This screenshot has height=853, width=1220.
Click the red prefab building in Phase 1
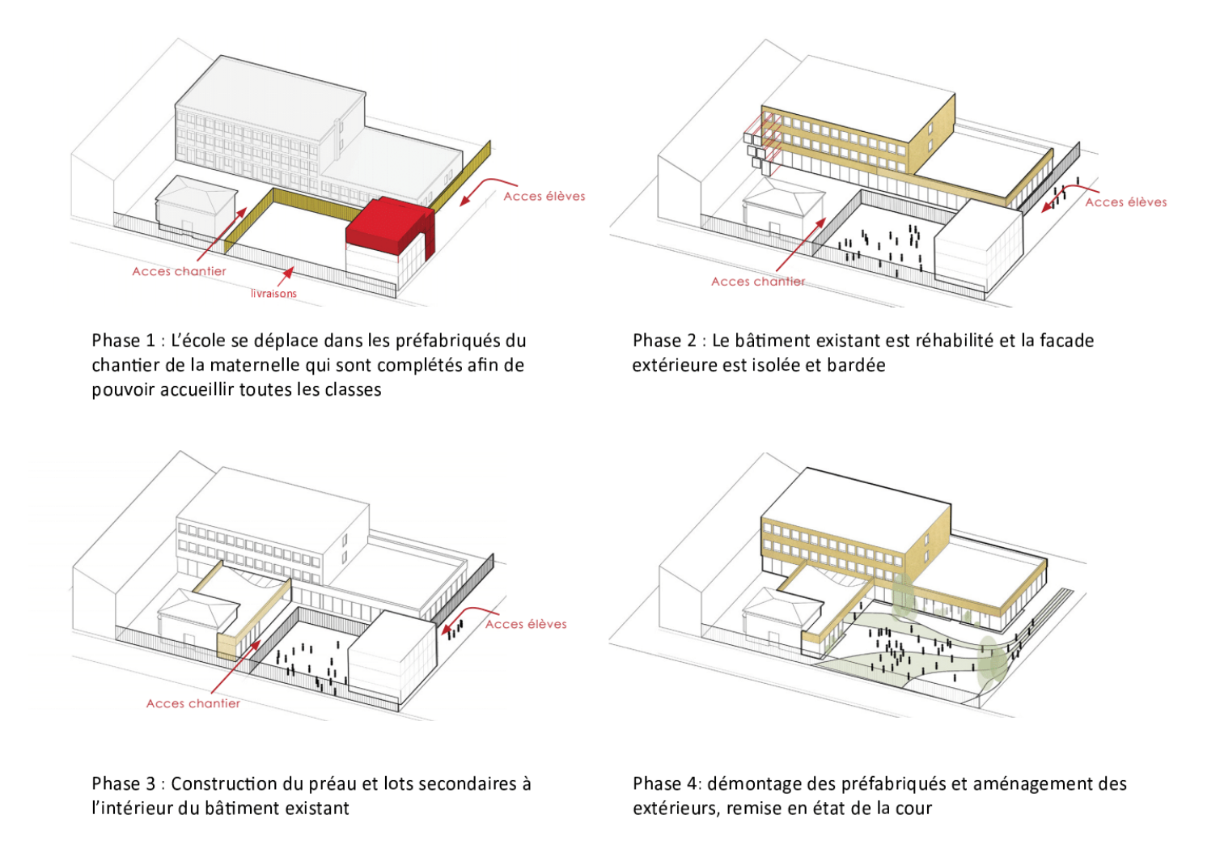point(387,223)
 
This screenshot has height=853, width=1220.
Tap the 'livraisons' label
point(273,294)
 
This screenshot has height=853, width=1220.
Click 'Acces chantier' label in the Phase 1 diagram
point(179,271)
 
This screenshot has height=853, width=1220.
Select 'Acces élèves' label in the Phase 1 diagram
point(544,196)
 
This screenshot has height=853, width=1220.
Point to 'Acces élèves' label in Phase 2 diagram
point(1125,202)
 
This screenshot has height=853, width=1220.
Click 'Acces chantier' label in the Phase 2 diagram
point(758,282)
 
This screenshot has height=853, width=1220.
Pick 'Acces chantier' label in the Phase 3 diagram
point(193,703)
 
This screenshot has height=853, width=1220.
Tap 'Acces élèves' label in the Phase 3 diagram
point(526,624)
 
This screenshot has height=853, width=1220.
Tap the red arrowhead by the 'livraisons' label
point(288,273)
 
